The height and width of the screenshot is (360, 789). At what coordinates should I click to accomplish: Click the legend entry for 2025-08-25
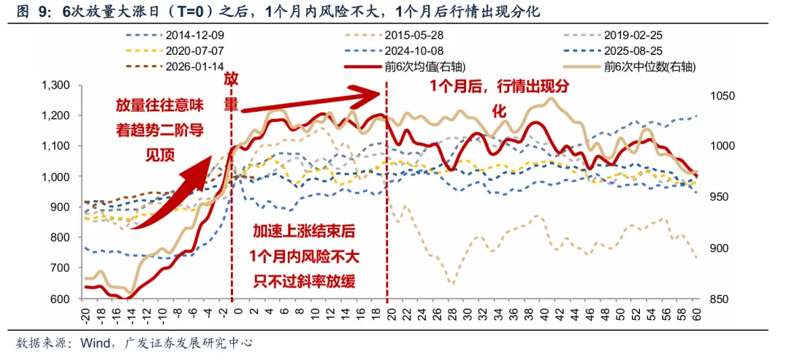[629, 51]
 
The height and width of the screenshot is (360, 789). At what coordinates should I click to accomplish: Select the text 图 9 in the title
[28, 12]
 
